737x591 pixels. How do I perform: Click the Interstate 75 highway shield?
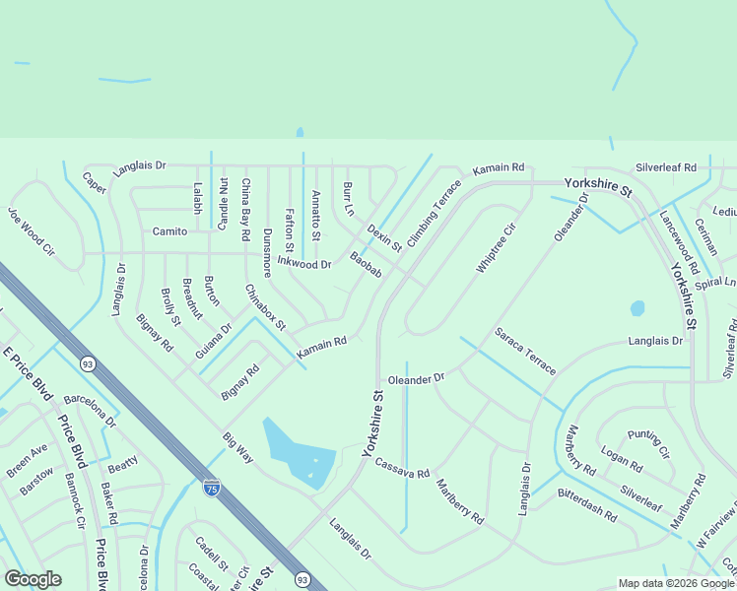click(x=211, y=487)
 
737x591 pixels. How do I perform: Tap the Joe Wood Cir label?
click(x=31, y=236)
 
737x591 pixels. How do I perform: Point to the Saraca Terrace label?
click(x=525, y=352)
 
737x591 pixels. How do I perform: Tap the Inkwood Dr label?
click(x=303, y=264)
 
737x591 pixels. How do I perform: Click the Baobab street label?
click(x=366, y=265)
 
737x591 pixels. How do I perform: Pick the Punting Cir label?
click(x=648, y=445)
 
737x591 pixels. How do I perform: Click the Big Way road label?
click(x=237, y=447)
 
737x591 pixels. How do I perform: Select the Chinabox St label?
click(x=265, y=307)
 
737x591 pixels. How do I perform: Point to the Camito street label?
click(x=169, y=231)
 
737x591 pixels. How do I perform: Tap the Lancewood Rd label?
click(x=679, y=240)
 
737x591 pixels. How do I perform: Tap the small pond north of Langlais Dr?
click(x=637, y=308)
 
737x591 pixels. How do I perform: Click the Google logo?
click(x=33, y=578)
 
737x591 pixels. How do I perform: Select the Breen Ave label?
click(x=27, y=460)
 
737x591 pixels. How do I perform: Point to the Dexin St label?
click(x=384, y=237)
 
